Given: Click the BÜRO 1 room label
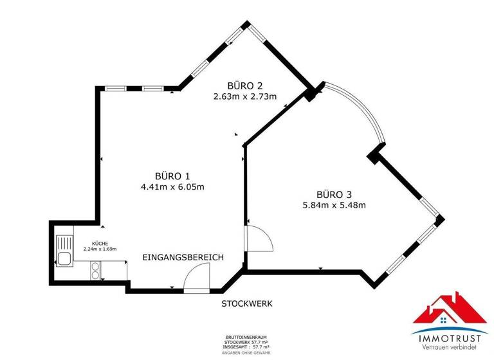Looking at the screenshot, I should pyautogui.click(x=172, y=175).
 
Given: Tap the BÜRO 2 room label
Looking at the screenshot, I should pyautogui.click(x=245, y=85).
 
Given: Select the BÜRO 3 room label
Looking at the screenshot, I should pyautogui.click(x=334, y=194).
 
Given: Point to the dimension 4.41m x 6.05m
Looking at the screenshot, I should pyautogui.click(x=172, y=187).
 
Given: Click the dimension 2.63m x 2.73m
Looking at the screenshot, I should pyautogui.click(x=245, y=97).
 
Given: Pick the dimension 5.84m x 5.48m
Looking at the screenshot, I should pyautogui.click(x=334, y=206).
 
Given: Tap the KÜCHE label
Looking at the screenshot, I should pyautogui.click(x=100, y=244).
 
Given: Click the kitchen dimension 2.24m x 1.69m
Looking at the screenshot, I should pyautogui.click(x=100, y=249).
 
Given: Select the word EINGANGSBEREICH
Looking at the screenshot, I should pyautogui.click(x=183, y=257).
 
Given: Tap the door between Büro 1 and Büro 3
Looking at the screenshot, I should pyautogui.click(x=259, y=239).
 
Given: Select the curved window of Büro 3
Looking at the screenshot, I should pyautogui.click(x=363, y=109).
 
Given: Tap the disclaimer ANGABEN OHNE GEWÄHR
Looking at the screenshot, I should pyautogui.click(x=246, y=352).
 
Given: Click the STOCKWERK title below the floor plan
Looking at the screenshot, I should pyautogui.click(x=247, y=303).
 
